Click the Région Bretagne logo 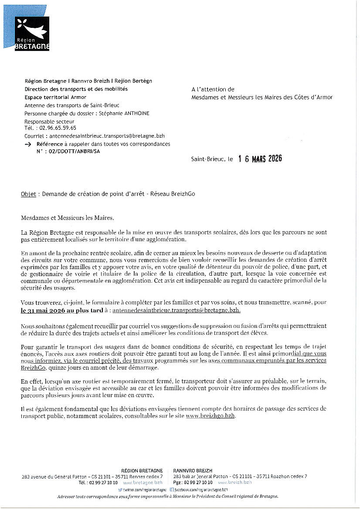click(x=32, y=34)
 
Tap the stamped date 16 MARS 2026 click(x=260, y=159)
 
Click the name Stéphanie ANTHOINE click(x=129, y=113)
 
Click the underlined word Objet click(x=28, y=194)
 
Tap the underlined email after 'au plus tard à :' click(x=177, y=311)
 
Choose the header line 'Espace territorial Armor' click(x=55, y=97)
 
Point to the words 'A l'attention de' click(x=213, y=89)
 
